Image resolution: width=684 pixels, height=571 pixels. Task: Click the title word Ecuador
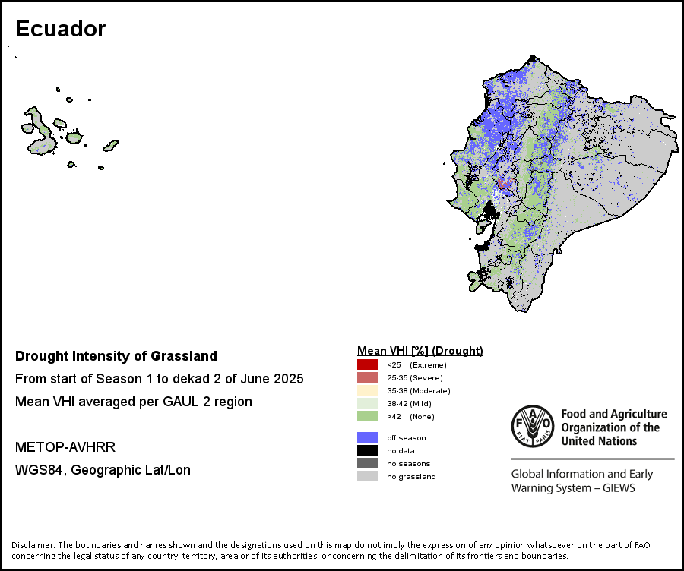point(61,29)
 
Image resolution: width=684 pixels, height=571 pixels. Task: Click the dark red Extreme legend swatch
point(368,364)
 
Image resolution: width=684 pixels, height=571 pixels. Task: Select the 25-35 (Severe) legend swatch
point(368,377)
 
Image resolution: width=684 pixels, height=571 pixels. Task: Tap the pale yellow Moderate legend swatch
point(368,390)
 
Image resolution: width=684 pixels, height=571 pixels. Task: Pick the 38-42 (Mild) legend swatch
point(368,403)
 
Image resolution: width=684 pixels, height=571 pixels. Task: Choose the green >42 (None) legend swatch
point(368,416)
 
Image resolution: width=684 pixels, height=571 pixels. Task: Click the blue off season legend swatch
point(368,437)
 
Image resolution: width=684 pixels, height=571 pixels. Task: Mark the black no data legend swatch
point(368,450)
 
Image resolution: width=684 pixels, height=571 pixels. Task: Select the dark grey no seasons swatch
point(368,463)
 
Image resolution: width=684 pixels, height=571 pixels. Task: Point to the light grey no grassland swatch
point(368,476)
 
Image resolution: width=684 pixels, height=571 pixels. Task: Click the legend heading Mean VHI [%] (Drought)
point(420,351)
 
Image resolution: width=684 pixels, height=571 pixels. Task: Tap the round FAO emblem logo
point(533,426)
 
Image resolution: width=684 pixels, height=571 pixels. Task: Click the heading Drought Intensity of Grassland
point(116,356)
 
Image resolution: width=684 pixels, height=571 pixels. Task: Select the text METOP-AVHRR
point(65,447)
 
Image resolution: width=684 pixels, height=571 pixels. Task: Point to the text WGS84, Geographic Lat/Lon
point(103,470)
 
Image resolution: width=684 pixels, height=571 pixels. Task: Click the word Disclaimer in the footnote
point(33,545)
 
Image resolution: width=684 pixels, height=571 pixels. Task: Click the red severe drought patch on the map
point(505,183)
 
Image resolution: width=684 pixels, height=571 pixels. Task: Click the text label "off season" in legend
point(406,437)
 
